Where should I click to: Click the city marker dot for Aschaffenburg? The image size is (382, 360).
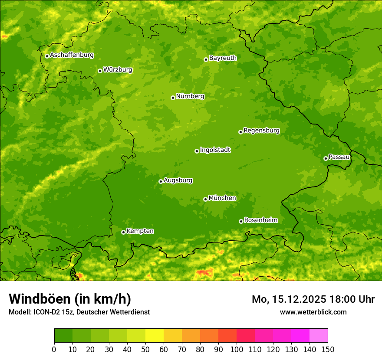tap(47, 56)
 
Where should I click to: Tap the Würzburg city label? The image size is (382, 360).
tap(118, 70)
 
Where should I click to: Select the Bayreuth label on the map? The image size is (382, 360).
tap(223, 58)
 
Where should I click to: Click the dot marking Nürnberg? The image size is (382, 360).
tap(173, 98)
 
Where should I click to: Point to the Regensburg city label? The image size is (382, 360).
tap(261, 131)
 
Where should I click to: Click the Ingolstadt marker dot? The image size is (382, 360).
tap(197, 151)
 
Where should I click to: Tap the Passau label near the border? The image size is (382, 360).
tap(339, 157)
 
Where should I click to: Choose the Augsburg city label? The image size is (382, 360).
tap(178, 180)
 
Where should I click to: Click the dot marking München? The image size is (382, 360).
tap(205, 199)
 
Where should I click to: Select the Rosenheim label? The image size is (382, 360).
tap(260, 220)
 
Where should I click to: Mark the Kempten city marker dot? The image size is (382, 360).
tap(123, 232)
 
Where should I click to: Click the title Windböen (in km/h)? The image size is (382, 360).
tap(69, 299)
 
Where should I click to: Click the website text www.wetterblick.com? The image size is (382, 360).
tap(313, 312)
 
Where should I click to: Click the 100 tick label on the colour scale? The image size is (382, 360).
tap(237, 349)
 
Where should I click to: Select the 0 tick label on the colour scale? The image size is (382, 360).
tap(54, 349)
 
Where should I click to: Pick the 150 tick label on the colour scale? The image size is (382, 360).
tap(328, 349)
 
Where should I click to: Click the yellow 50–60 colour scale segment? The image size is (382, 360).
tap(155, 336)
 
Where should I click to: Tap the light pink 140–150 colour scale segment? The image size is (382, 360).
tap(319, 336)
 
